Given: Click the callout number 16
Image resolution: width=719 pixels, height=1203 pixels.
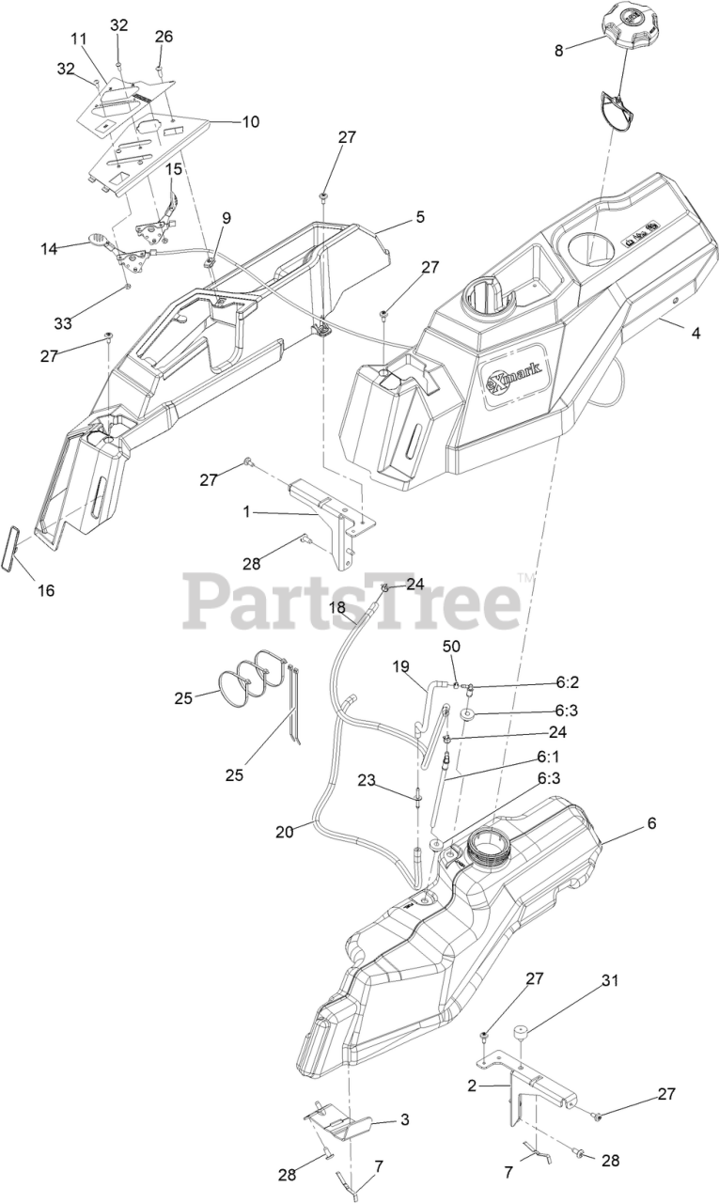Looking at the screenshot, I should pyautogui.click(x=46, y=590).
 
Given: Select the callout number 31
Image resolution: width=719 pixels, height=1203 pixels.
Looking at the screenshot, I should pyautogui.click(x=611, y=981).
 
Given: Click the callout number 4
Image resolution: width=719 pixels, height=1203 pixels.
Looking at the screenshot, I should pyautogui.click(x=696, y=333).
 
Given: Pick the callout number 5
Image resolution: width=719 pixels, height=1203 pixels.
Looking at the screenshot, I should pyautogui.click(x=420, y=217).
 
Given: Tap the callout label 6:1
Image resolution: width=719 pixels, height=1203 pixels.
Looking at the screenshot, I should pyautogui.click(x=548, y=755).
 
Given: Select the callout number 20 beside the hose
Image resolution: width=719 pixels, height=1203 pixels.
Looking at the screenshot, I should pyautogui.click(x=284, y=831).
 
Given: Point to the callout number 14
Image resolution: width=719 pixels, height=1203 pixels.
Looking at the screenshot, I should pyautogui.click(x=49, y=249).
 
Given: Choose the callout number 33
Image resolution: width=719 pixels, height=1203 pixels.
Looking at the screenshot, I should pyautogui.click(x=63, y=323).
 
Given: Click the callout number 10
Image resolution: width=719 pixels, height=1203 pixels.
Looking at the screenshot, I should pyautogui.click(x=251, y=121).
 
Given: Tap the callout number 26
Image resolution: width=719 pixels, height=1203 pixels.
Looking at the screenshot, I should pyautogui.click(x=164, y=37).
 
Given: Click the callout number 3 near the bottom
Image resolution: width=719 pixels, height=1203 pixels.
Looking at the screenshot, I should pyautogui.click(x=405, y=1119).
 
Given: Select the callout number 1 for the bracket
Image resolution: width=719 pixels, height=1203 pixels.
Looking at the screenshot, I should pyautogui.click(x=246, y=512).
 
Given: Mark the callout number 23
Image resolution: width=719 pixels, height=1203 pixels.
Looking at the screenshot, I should pyautogui.click(x=366, y=779).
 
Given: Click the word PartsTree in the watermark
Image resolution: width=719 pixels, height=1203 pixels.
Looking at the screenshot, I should pyautogui.click(x=352, y=601).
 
